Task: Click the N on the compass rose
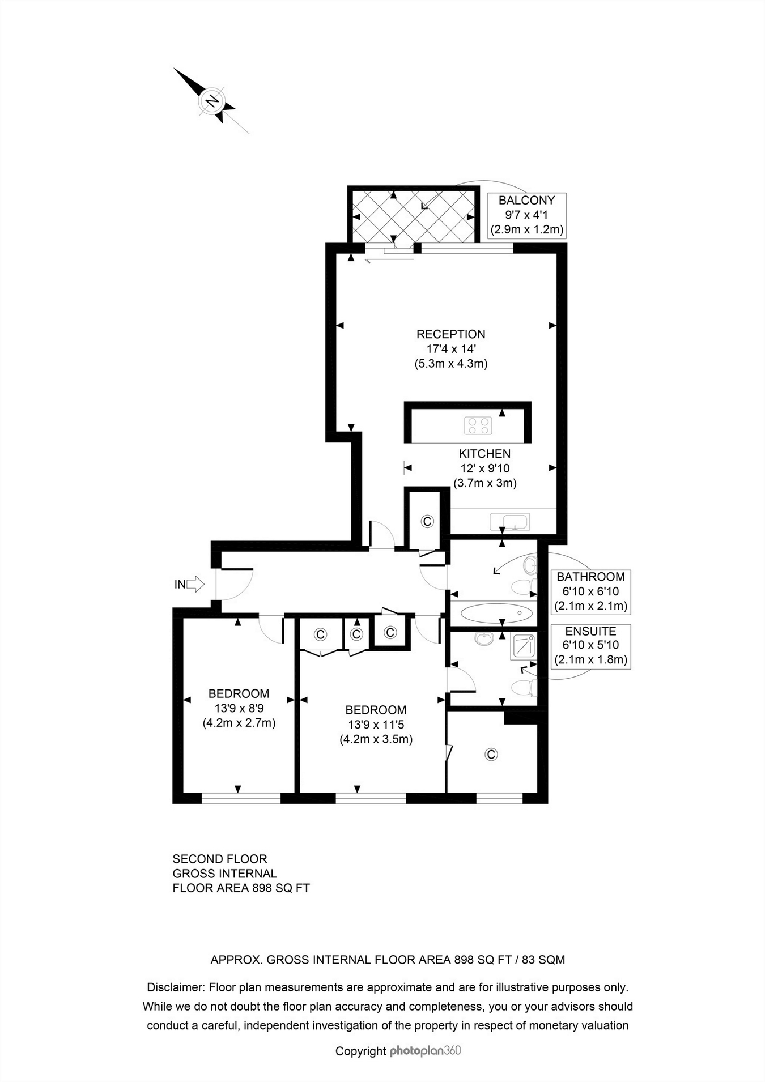212,101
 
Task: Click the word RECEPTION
451,334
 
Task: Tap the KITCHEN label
484,454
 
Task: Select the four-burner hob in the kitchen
478,425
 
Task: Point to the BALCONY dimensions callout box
526,215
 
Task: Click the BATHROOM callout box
590,591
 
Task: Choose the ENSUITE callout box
590,646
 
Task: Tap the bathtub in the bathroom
497,613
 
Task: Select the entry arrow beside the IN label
195,584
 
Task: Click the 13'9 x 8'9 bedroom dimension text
239,708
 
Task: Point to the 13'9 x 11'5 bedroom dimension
376,725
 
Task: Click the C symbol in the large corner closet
491,754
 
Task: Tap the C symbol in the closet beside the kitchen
427,521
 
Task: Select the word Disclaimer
175,987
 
